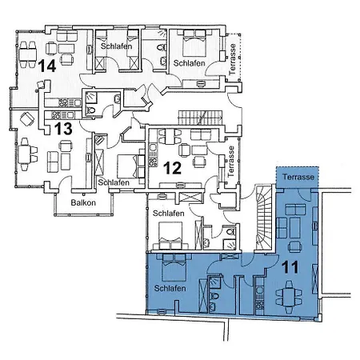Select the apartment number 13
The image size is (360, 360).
[x=63, y=128]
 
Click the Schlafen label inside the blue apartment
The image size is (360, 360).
[x=170, y=287]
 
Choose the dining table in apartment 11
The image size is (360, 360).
[x=287, y=297]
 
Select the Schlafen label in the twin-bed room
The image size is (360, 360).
[x=118, y=47]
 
